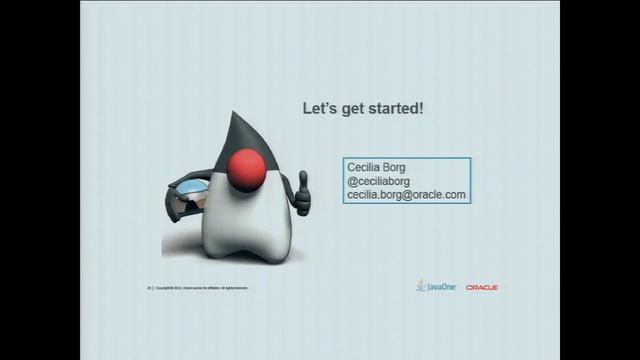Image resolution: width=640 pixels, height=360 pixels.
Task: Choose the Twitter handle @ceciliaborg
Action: click(379, 181)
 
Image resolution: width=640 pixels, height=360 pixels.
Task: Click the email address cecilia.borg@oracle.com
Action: click(406, 195)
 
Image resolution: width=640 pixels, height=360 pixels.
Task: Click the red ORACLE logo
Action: click(482, 287)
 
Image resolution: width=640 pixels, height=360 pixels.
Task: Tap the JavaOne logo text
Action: click(442, 287)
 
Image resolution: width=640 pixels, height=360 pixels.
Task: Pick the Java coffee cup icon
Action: click(421, 286)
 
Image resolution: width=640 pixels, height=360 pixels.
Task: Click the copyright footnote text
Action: click(200, 288)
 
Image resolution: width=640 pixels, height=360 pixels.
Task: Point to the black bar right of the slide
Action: click(600, 180)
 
